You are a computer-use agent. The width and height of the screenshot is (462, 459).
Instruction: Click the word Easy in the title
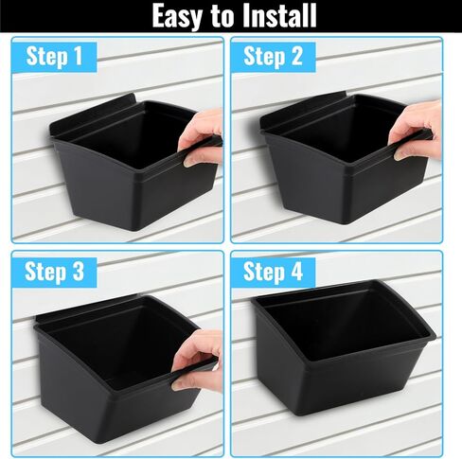coord(177,16)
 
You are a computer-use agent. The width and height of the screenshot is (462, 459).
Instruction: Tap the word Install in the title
coord(279,15)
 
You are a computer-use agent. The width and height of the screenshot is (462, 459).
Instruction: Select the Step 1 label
coord(54,57)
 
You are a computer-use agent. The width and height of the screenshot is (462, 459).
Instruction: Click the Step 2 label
coord(273,57)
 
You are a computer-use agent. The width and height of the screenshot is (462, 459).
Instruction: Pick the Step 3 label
coord(54,272)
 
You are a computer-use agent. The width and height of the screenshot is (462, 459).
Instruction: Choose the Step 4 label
coord(273,272)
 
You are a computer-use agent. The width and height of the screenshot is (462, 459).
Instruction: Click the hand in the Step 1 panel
coord(201,137)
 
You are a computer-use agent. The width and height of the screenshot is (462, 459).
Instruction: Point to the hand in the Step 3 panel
coord(197,360)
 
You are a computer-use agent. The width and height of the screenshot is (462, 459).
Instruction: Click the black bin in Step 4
coord(344,347)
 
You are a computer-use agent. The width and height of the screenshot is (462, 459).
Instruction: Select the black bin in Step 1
coord(133,163)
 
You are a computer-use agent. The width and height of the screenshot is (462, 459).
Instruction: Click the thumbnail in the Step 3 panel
coord(177,385)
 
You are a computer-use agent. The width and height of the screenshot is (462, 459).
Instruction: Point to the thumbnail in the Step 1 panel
coord(188,163)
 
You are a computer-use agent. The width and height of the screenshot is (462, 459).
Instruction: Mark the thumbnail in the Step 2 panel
coord(399,155)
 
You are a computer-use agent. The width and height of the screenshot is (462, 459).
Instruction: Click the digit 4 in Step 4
coord(296,271)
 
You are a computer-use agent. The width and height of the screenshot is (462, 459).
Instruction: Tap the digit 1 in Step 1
coord(78,56)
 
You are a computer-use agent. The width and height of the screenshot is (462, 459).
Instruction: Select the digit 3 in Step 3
coord(78,271)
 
